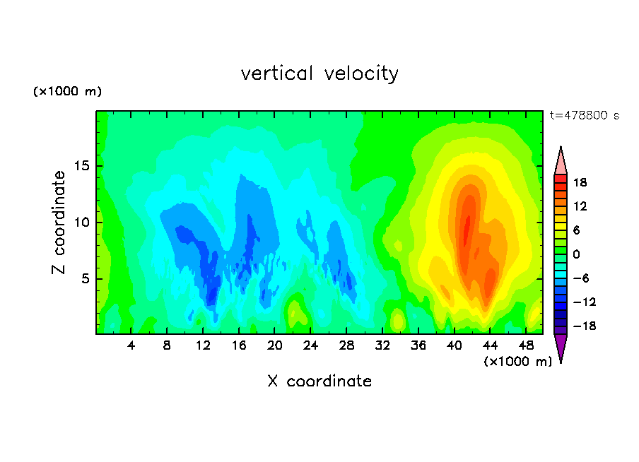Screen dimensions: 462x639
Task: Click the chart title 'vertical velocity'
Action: point(319,73)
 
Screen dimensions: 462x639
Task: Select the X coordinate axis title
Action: point(319,381)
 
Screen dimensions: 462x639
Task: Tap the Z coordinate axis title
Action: point(59,222)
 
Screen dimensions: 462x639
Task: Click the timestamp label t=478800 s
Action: point(584,115)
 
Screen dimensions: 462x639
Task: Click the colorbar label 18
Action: point(581,182)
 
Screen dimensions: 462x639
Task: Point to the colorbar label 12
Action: point(581,206)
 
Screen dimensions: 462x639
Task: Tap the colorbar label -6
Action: point(581,278)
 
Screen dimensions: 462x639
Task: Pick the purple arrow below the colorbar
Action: point(561,348)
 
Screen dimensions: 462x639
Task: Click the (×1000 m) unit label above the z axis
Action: point(68,92)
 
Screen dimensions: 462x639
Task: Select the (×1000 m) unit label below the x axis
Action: point(517,362)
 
